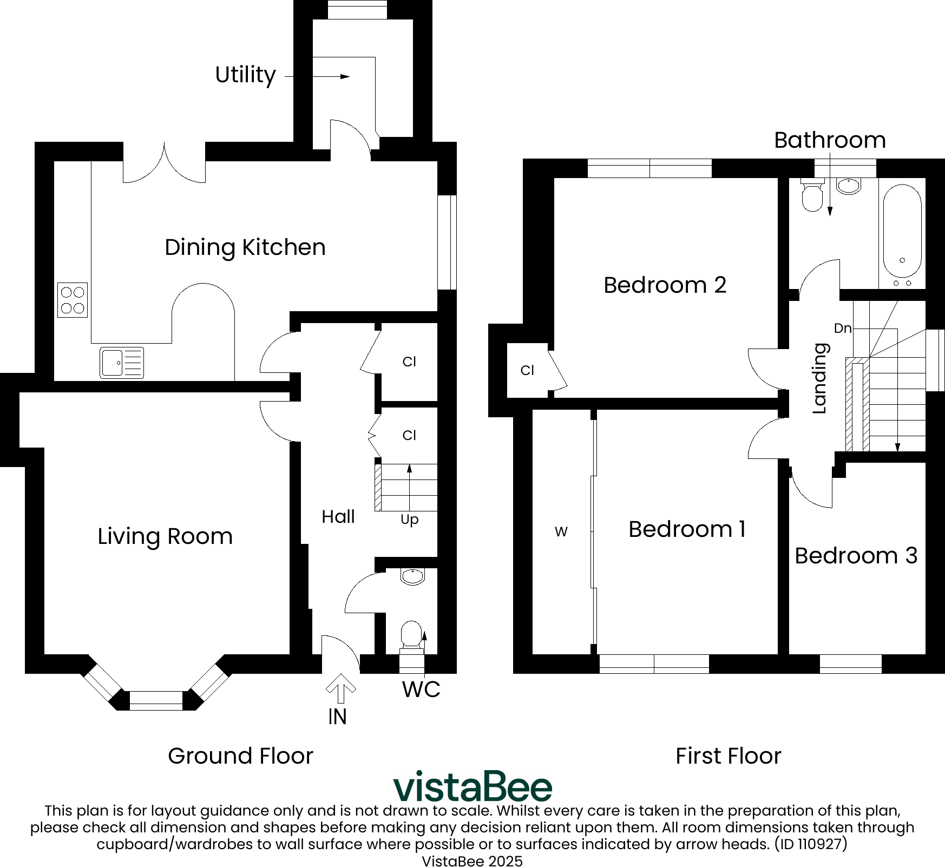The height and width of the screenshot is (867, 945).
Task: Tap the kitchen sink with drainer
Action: (x=122, y=363)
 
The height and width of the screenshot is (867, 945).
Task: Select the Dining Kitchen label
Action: (x=245, y=247)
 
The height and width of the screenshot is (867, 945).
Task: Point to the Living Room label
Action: (x=165, y=536)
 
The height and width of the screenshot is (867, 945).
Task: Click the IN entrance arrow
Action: (x=341, y=688)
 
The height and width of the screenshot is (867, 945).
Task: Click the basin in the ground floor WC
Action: (x=413, y=577)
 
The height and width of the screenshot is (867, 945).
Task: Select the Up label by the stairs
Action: (x=410, y=520)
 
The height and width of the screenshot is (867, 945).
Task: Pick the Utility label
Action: (x=245, y=75)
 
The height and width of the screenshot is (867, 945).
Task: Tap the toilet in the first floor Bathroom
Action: (x=812, y=195)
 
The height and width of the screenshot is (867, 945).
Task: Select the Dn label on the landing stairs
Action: (x=843, y=328)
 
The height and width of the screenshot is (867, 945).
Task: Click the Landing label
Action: (x=821, y=378)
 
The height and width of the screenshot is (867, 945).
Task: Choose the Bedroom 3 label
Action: (x=856, y=556)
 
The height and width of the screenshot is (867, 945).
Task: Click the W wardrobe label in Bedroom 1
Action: (x=561, y=532)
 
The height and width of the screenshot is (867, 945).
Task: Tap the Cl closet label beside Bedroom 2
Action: (x=527, y=370)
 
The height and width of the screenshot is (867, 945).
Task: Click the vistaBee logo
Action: (x=472, y=786)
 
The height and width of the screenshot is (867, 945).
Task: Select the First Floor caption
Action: (x=729, y=756)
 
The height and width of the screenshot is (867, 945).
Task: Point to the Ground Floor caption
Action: (x=240, y=756)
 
